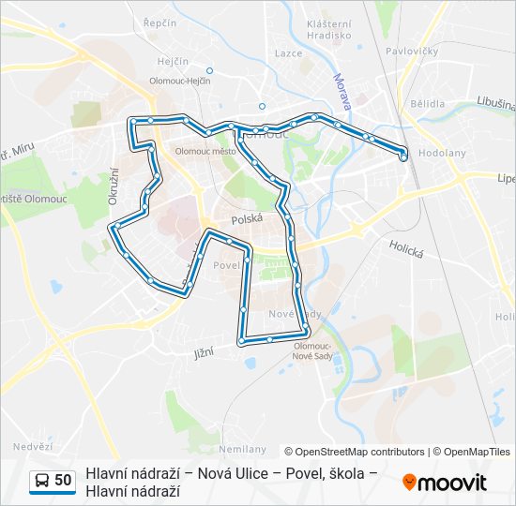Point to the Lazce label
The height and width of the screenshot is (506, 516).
coord(288,53)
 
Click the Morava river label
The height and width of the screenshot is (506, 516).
coord(340,90)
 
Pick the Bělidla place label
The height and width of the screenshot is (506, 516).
coord(427,104)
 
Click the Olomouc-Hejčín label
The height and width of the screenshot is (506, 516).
coord(179,82)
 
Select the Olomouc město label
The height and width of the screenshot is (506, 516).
coord(205,150)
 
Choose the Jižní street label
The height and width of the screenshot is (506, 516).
coord(205,352)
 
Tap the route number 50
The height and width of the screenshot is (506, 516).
coord(63,481)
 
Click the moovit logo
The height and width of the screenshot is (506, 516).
coord(445,483)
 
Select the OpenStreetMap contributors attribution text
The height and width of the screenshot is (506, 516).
coord(354,452)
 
